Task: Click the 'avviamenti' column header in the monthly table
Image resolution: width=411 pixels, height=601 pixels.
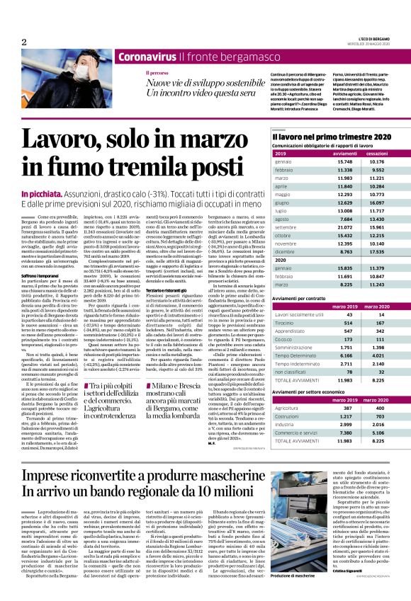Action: pos(344,153)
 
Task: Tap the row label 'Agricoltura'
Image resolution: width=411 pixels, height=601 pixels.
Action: pos(286,408)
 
